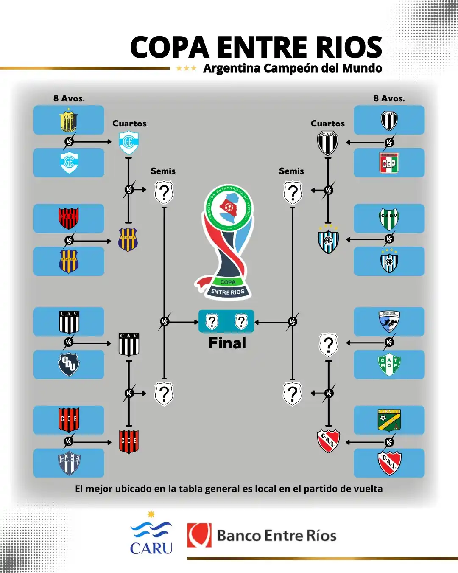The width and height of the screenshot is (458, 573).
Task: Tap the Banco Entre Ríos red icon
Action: coord(199,535)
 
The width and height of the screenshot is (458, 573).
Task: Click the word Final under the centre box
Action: coord(227,343)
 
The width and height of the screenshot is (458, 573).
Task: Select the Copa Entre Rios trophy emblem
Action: coord(228,242)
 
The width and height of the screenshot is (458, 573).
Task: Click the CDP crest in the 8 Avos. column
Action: coord(389,163)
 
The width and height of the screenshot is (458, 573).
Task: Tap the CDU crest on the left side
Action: coord(69,364)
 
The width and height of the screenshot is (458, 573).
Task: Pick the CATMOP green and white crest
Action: coord(389,364)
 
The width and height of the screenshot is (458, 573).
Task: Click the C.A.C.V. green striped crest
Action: coord(389,219)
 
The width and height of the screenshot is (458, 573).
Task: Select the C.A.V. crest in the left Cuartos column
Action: coord(129,344)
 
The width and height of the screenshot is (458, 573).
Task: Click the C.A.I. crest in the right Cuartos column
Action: coord(328,441)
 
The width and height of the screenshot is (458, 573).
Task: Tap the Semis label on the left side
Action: coord(163,171)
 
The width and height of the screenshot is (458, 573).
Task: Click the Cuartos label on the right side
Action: coord(327,124)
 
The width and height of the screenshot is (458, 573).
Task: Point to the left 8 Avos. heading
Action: coord(69,98)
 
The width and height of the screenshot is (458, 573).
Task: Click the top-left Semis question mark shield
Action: coord(164,193)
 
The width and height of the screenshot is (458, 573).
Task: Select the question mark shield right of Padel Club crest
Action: coord(328,345)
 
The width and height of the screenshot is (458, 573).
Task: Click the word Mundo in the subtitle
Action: coord(362,68)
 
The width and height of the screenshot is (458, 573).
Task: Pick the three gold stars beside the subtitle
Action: coord(186,68)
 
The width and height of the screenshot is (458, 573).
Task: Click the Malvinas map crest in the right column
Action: coord(389,322)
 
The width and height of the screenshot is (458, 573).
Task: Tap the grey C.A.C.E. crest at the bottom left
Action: coord(69,463)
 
